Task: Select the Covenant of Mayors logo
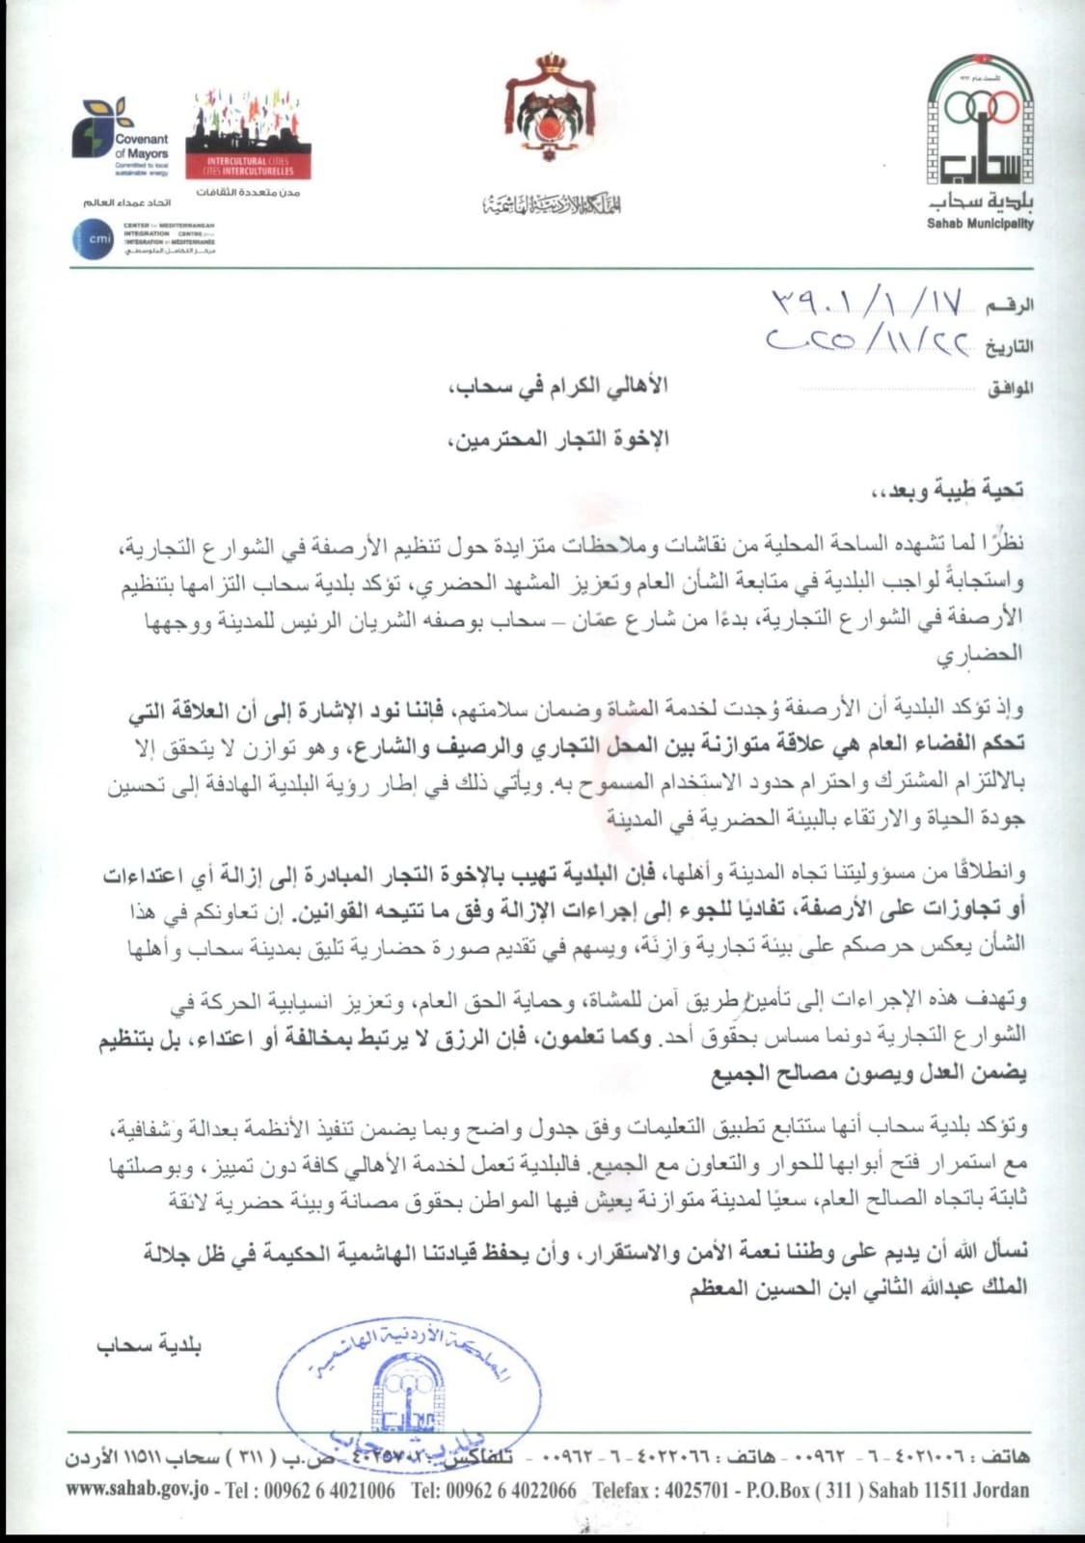[121, 137]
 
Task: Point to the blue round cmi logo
[93, 238]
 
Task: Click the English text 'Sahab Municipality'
[980, 224]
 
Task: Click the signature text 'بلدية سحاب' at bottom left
[149, 1345]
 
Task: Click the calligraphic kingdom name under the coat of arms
[551, 204]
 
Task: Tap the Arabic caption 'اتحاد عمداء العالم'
[126, 203]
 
